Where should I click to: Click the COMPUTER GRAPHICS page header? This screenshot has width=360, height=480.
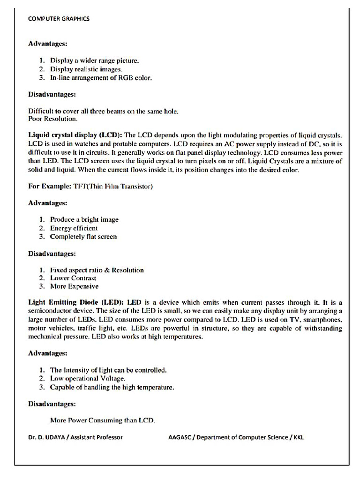click(59, 19)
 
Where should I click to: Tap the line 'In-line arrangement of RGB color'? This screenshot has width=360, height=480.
click(101, 78)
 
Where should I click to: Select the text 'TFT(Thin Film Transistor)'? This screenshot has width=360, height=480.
click(113, 187)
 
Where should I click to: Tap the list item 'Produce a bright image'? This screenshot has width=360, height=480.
click(84, 219)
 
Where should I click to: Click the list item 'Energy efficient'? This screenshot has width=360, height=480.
click(74, 228)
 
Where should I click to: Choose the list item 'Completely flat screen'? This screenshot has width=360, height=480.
click(83, 237)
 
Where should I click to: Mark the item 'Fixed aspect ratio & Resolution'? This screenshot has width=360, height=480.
click(97, 270)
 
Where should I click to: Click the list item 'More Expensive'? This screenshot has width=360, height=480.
click(74, 286)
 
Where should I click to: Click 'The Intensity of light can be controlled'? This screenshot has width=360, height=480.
click(108, 370)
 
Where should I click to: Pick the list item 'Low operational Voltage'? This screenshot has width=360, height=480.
click(88, 378)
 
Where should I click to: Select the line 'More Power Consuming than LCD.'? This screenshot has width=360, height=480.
click(102, 420)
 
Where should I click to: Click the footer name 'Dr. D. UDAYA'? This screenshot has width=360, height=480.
click(46, 437)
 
